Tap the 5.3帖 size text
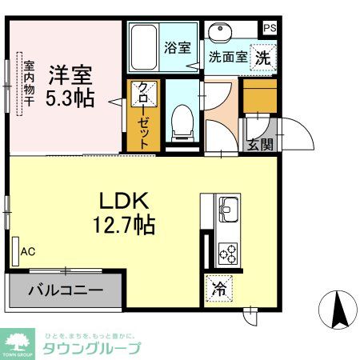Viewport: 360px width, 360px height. point(70,98)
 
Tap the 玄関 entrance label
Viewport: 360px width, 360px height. point(259,145)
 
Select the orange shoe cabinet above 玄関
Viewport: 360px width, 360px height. point(259,95)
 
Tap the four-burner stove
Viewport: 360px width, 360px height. point(228,254)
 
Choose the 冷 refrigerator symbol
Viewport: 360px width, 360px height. point(218,290)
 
